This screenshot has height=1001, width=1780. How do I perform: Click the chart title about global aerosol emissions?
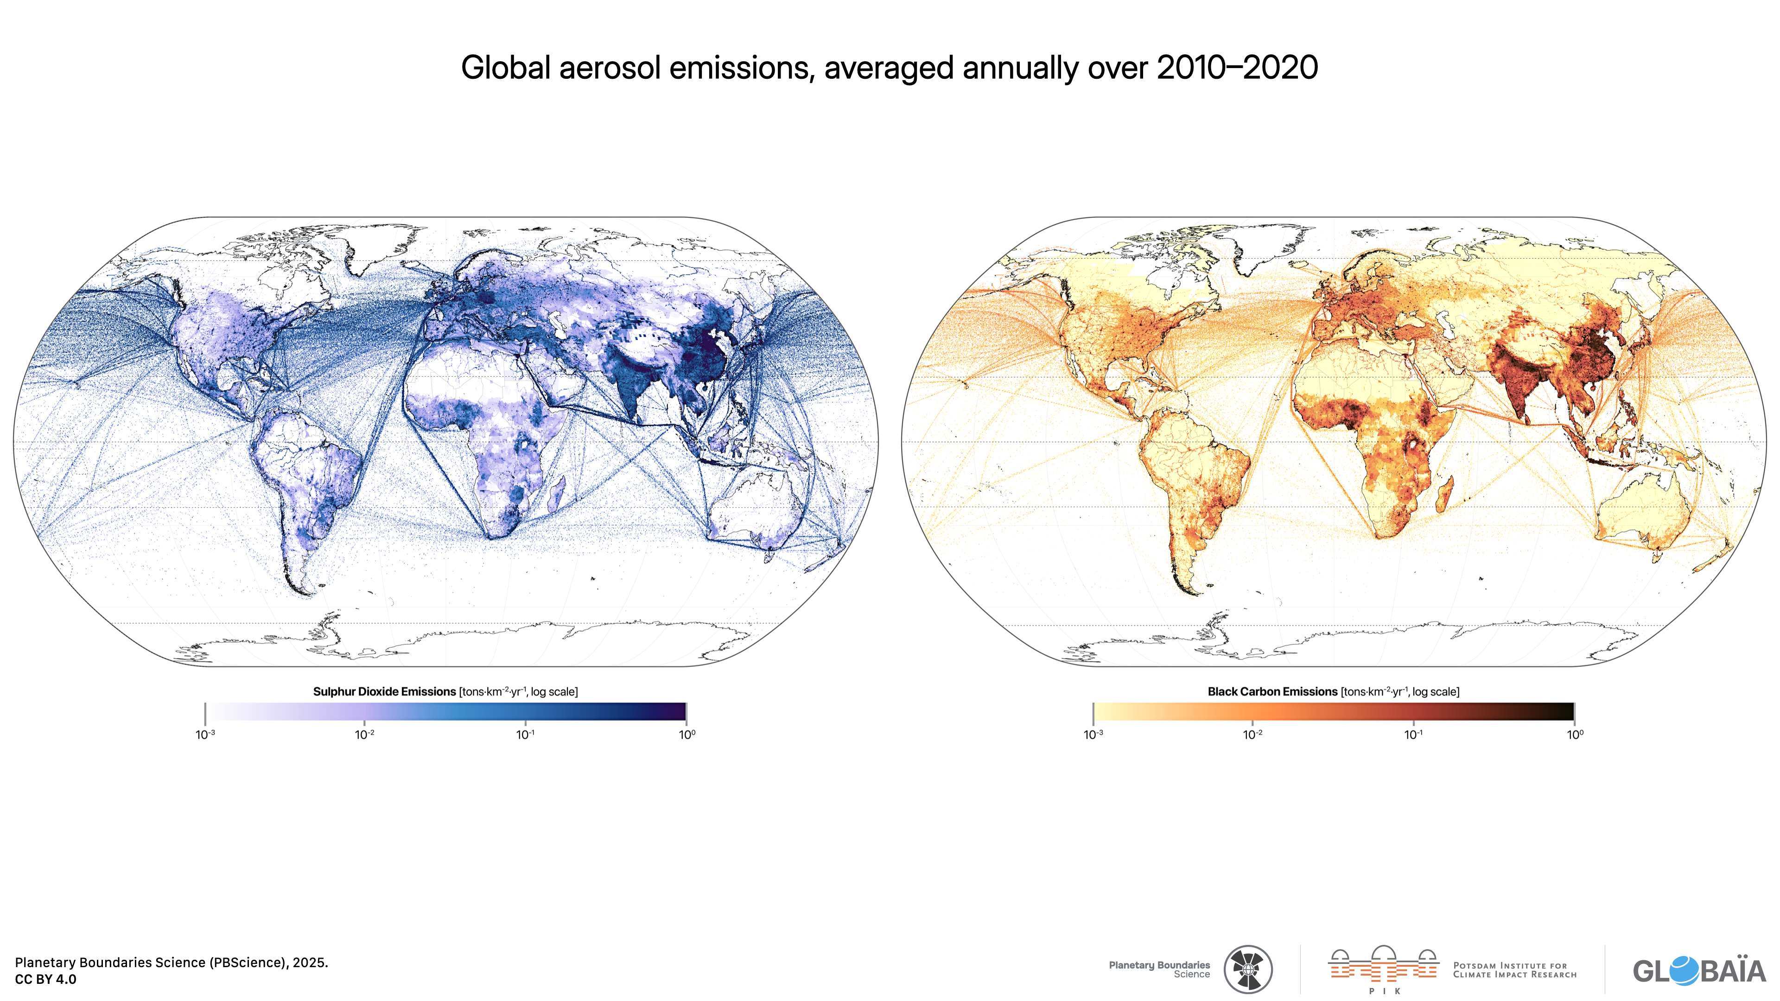pos(890,68)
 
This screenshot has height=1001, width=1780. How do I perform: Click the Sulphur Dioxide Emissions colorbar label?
pos(445,691)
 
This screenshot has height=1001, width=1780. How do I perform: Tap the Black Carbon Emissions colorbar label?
pos(1333,691)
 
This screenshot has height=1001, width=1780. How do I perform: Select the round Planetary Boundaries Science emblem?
pos(1248,969)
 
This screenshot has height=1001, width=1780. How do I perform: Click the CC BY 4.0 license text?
pos(45,979)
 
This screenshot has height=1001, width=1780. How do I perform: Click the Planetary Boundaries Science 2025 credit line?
pos(172,963)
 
